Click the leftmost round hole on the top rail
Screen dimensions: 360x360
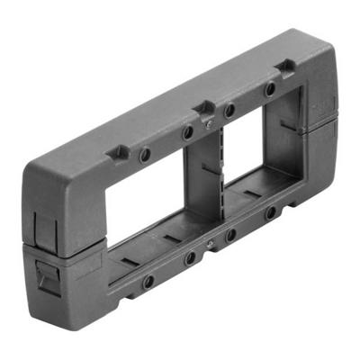[x=145, y=155]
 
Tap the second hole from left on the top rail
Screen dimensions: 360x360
[x=188, y=133]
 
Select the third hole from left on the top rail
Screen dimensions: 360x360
[x=230, y=110]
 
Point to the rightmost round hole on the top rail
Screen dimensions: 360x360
[x=270, y=90]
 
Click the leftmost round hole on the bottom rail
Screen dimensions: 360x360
[x=148, y=281]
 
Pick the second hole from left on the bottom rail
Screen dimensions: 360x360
[x=190, y=258]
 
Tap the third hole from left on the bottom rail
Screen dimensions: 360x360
[x=231, y=236]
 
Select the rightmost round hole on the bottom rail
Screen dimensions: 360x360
[x=271, y=214]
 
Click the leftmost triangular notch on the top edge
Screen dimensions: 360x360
[x=118, y=152]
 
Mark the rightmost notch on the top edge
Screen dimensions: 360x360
[x=286, y=66]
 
